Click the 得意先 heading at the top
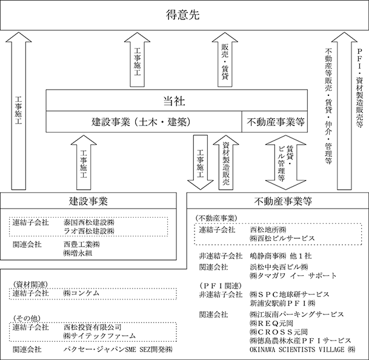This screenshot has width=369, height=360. click(x=183, y=15)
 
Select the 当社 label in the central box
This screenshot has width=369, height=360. click(x=174, y=101)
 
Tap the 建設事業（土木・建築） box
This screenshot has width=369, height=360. click(x=144, y=121)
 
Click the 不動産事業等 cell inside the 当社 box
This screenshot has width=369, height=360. click(x=274, y=121)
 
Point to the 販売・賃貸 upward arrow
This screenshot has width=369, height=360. click(x=225, y=60)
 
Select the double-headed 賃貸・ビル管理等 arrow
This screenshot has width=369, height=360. click(x=285, y=162)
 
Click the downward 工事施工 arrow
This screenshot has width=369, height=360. click(x=201, y=162)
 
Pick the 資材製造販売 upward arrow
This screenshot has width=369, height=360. click(x=226, y=162)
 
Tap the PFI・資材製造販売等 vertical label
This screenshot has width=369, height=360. click(x=359, y=88)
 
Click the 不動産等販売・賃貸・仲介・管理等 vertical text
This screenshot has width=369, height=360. click(x=328, y=106)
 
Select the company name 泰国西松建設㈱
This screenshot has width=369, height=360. click(x=89, y=222)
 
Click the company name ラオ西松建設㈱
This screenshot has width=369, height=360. click(x=89, y=231)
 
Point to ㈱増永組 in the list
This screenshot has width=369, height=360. click(x=78, y=253)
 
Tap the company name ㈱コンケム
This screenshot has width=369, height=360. click(x=81, y=293)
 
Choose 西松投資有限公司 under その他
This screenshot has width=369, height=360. click(x=93, y=327)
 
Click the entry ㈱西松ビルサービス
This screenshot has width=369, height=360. click(x=282, y=238)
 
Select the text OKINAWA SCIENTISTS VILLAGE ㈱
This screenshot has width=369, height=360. click(x=302, y=350)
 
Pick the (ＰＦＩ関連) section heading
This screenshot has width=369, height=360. click(x=221, y=286)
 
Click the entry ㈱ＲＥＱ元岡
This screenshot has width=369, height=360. click(x=271, y=323)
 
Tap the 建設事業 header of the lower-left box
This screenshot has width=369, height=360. click(x=88, y=201)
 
